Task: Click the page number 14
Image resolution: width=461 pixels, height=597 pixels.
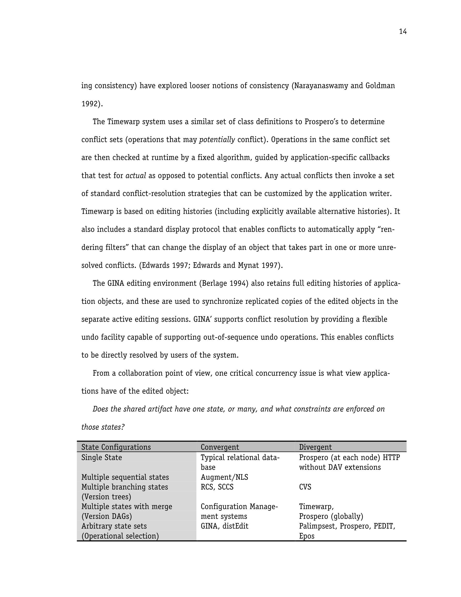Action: coord(403,32)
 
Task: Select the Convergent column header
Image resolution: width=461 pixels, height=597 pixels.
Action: coord(220,447)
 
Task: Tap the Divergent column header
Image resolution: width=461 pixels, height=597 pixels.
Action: coord(315,447)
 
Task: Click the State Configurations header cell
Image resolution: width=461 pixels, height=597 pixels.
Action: coord(116,447)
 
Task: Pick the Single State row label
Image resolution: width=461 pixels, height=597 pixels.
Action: coord(101,457)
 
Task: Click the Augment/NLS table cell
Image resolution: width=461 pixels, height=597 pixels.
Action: coord(224,477)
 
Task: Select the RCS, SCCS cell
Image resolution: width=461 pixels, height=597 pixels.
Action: coord(217,487)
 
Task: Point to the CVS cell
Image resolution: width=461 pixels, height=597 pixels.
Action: coord(305,487)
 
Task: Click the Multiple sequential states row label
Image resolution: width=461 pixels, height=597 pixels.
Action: coord(125,477)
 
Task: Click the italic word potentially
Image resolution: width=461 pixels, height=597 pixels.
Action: coord(217,140)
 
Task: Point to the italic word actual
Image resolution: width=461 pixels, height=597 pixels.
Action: coord(136,176)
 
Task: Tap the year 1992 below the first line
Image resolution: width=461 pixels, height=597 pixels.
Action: coord(89,104)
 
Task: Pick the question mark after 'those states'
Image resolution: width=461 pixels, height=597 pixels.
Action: coord(123,427)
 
